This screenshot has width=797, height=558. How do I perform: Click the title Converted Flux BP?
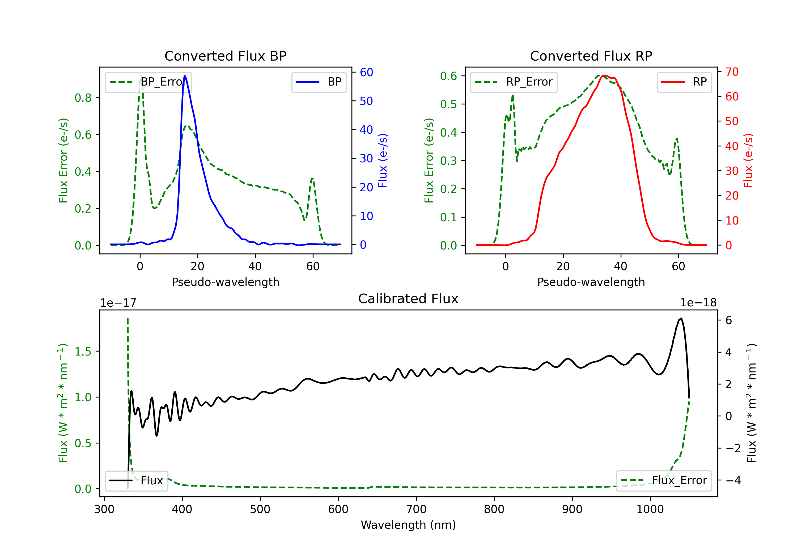[x=225, y=56]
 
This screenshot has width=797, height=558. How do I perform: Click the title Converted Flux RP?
[x=591, y=56]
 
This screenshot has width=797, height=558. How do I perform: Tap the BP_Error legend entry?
[x=148, y=82]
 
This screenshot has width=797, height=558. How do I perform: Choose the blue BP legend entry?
[x=319, y=82]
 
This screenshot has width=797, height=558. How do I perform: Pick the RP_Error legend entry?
[x=514, y=82]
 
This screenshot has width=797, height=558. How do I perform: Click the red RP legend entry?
[x=684, y=82]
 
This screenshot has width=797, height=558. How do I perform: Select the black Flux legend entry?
[x=137, y=481]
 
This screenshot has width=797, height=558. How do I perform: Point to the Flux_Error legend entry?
[x=664, y=481]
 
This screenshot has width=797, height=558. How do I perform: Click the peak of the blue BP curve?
[x=185, y=75]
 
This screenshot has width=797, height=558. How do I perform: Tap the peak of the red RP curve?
[x=604, y=75]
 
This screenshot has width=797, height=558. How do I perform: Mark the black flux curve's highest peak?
[x=681, y=318]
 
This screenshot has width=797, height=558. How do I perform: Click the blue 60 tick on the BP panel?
[x=366, y=72]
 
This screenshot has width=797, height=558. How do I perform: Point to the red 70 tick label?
[x=732, y=72]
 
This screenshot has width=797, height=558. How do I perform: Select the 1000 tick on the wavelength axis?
[x=650, y=509]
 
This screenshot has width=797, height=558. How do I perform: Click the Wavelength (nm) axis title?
[x=408, y=525]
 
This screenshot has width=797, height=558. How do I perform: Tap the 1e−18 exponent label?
[x=698, y=303]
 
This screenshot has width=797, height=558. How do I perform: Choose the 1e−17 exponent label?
[x=118, y=303]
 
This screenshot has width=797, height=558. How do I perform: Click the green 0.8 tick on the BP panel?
[x=83, y=98]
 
